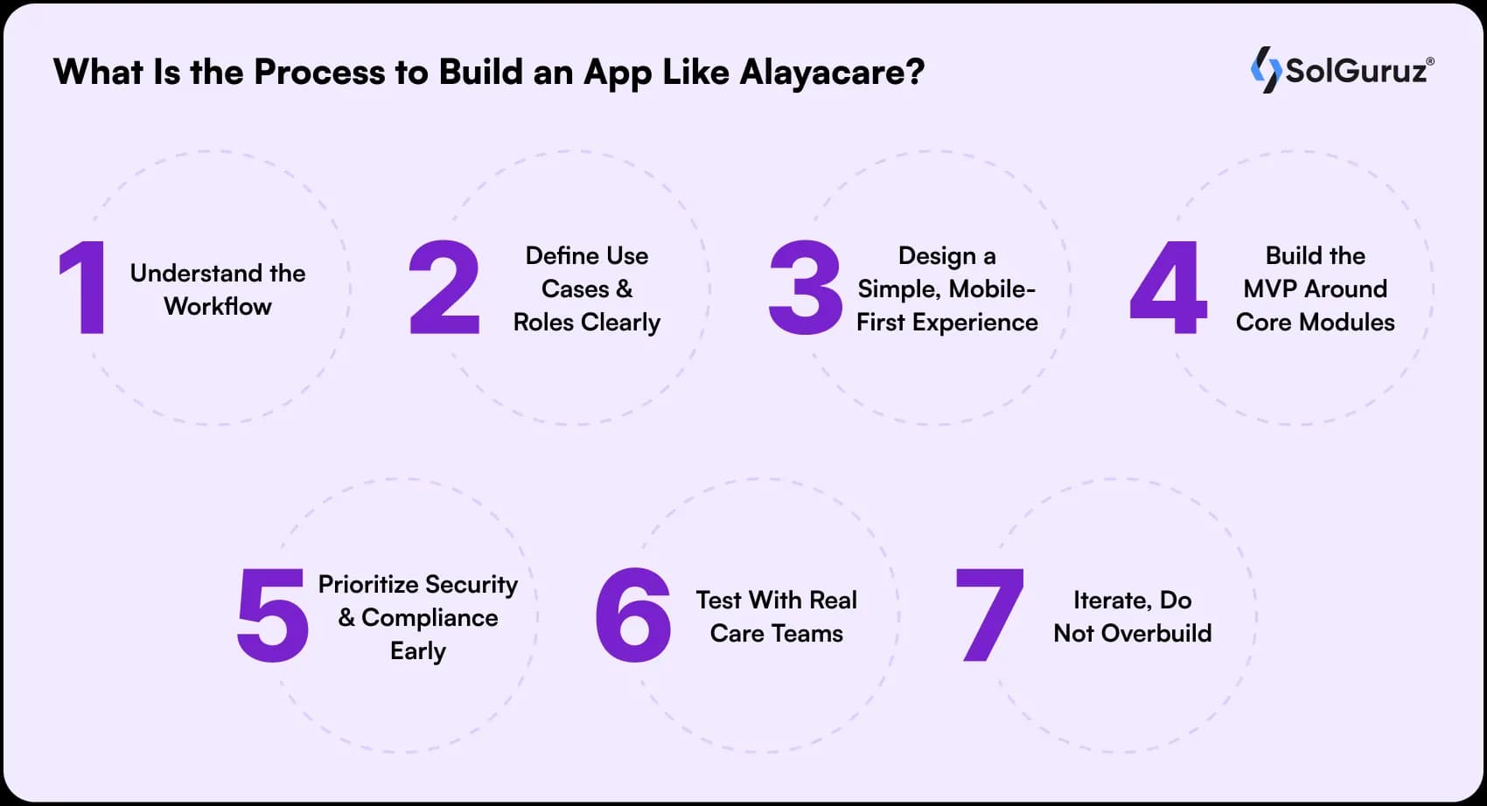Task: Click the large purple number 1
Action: [84, 288]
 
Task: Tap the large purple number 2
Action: [444, 288]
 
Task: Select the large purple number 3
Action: [805, 288]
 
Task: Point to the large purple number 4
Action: [1168, 288]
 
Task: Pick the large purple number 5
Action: [272, 615]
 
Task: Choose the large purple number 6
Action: [632, 615]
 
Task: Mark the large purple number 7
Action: [990, 615]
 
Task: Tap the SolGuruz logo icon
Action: [1265, 70]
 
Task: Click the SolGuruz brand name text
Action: [1357, 71]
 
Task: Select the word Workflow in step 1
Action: [218, 307]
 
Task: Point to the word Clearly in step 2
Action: [620, 323]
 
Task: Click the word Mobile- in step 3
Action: [992, 289]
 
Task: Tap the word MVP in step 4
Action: [1270, 289]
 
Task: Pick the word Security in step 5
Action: [471, 585]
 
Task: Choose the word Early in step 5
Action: [418, 651]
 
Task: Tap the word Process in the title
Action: [319, 72]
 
